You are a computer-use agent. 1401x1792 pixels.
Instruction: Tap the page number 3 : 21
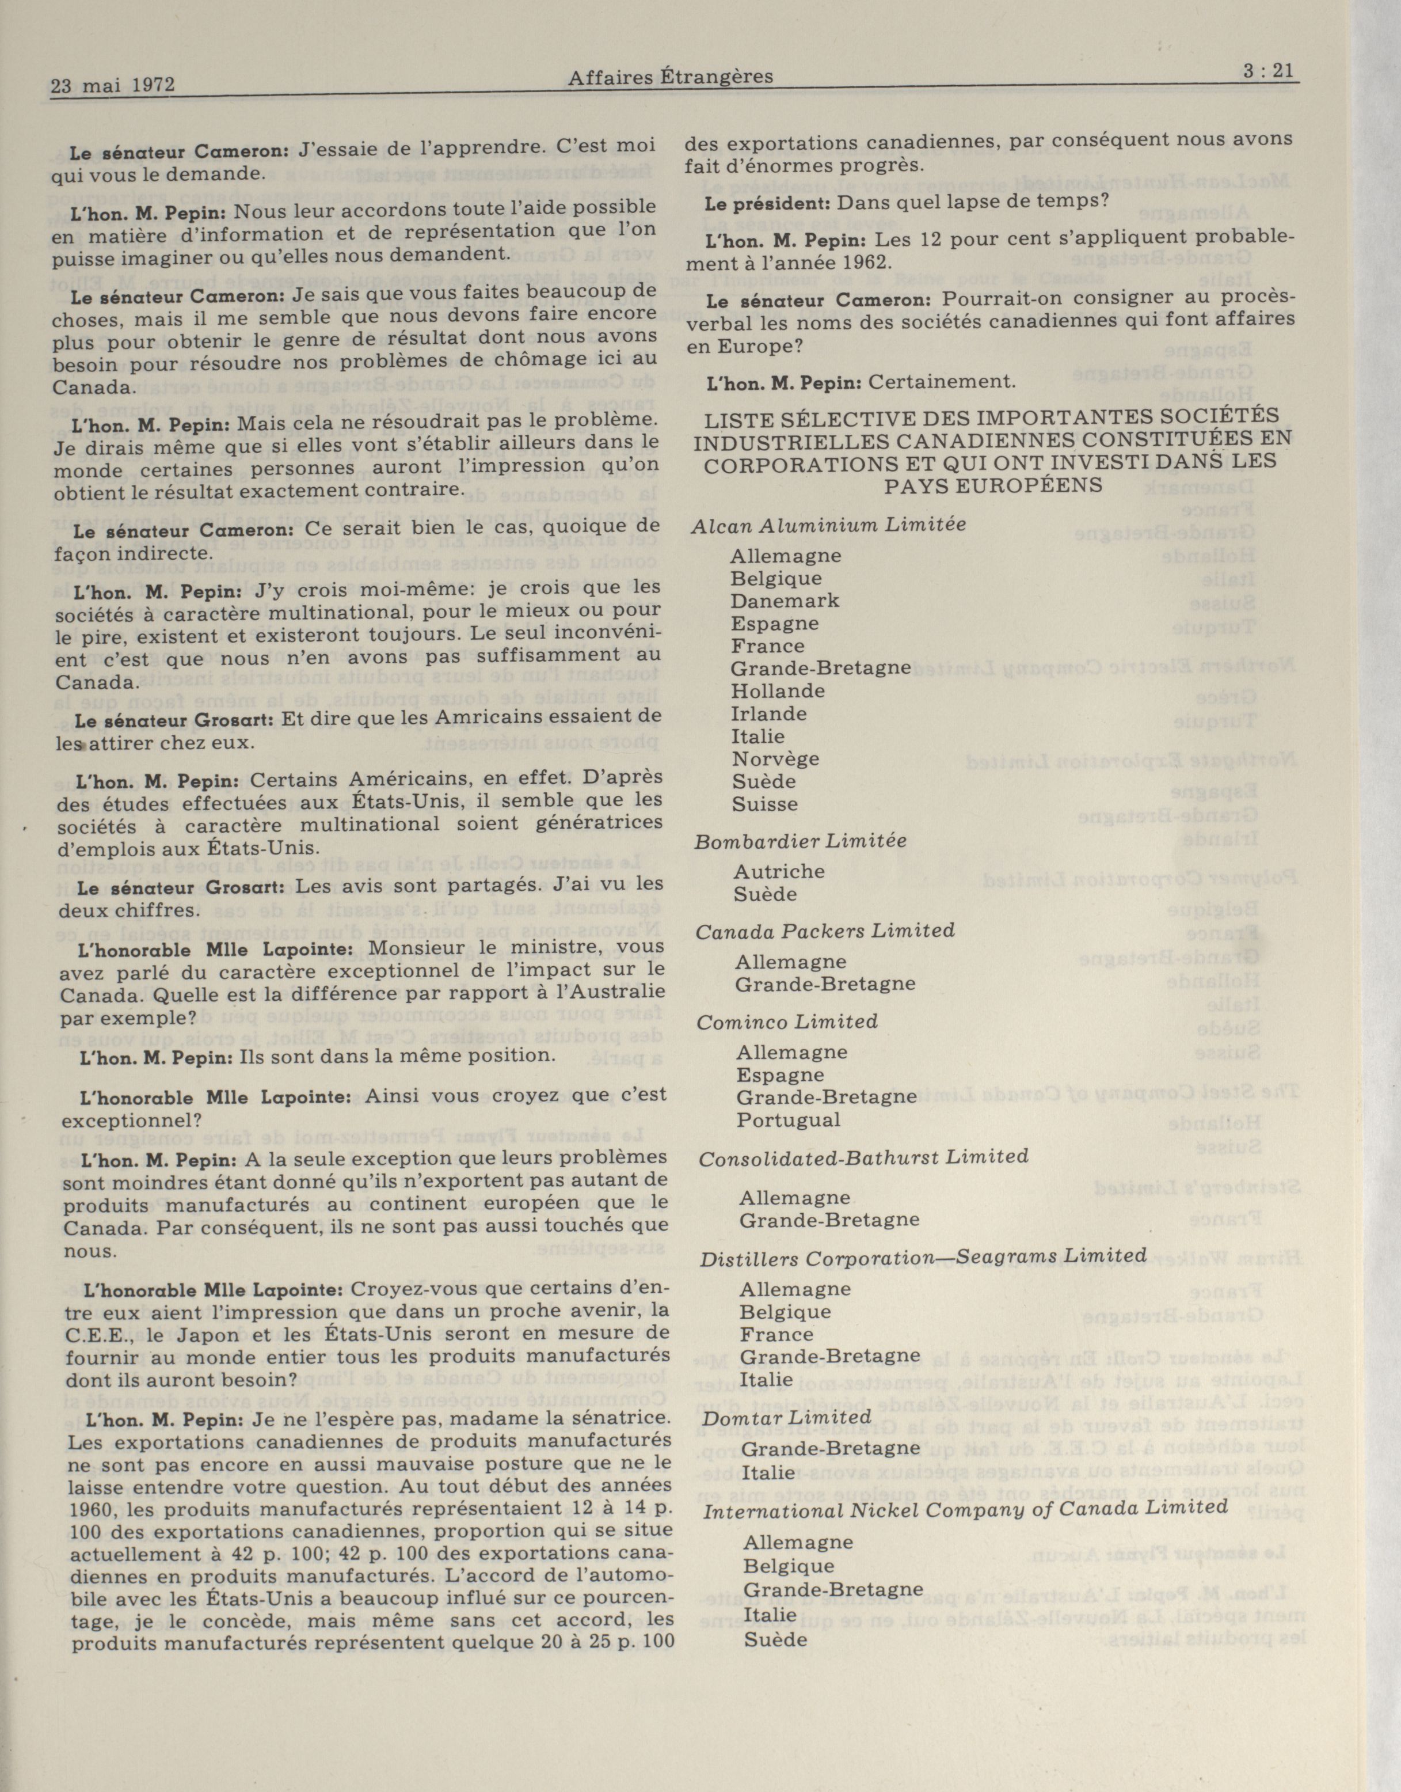click(x=1267, y=71)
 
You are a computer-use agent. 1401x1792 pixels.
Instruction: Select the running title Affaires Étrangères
click(x=670, y=77)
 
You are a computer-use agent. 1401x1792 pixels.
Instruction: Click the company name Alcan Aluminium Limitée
click(x=828, y=525)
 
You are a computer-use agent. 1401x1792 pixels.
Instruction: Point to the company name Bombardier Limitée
click(x=801, y=841)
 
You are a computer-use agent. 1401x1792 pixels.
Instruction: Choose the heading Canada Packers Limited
click(x=825, y=931)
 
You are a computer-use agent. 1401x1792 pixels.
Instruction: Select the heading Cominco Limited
click(x=787, y=1022)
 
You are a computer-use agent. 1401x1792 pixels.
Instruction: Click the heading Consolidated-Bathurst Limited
click(x=863, y=1157)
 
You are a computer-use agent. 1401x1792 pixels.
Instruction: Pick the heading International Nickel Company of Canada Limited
click(x=965, y=1508)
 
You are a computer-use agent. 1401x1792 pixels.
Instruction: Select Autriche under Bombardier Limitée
click(x=779, y=871)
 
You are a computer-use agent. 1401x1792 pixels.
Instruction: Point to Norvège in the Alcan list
click(x=775, y=759)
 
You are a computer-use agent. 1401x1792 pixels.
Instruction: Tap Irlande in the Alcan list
click(x=768, y=714)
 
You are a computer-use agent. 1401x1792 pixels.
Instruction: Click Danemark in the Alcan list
click(x=785, y=601)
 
